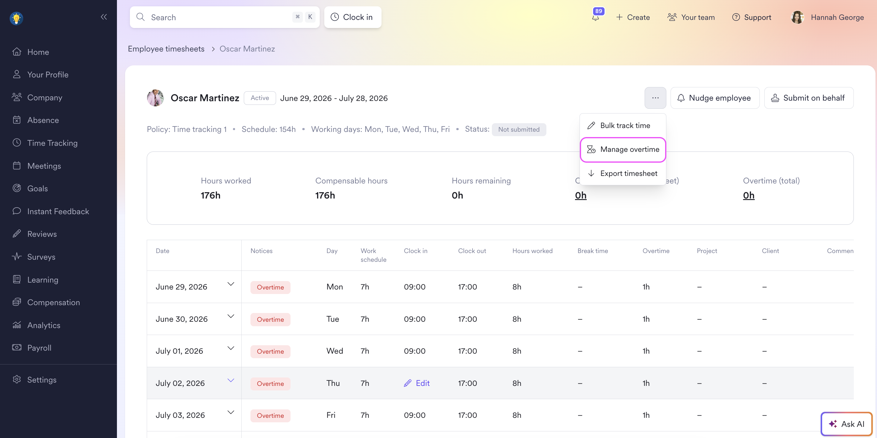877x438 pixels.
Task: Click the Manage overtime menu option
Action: pos(623,149)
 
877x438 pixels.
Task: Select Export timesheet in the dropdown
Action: pos(623,173)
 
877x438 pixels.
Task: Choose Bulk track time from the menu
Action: pos(623,126)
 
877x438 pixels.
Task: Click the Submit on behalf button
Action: pos(809,98)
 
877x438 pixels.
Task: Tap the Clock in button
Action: pos(353,17)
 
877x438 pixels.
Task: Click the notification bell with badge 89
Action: pos(596,17)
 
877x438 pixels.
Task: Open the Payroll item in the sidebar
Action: pos(39,348)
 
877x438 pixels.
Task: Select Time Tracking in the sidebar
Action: pos(52,143)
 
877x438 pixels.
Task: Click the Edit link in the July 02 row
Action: pos(417,383)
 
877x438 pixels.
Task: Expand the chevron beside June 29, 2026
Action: pos(231,284)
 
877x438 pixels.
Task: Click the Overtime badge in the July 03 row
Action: pos(270,415)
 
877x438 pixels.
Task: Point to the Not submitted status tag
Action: pos(519,129)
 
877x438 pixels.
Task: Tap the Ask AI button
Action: pos(846,424)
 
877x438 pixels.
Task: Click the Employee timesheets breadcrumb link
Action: pos(166,49)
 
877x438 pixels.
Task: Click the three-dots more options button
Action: pos(655,98)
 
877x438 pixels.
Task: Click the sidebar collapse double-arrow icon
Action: pos(104,17)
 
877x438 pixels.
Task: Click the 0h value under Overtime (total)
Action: pos(749,195)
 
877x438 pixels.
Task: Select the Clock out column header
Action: pos(472,251)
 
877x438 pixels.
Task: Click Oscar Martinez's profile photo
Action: pos(155,98)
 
